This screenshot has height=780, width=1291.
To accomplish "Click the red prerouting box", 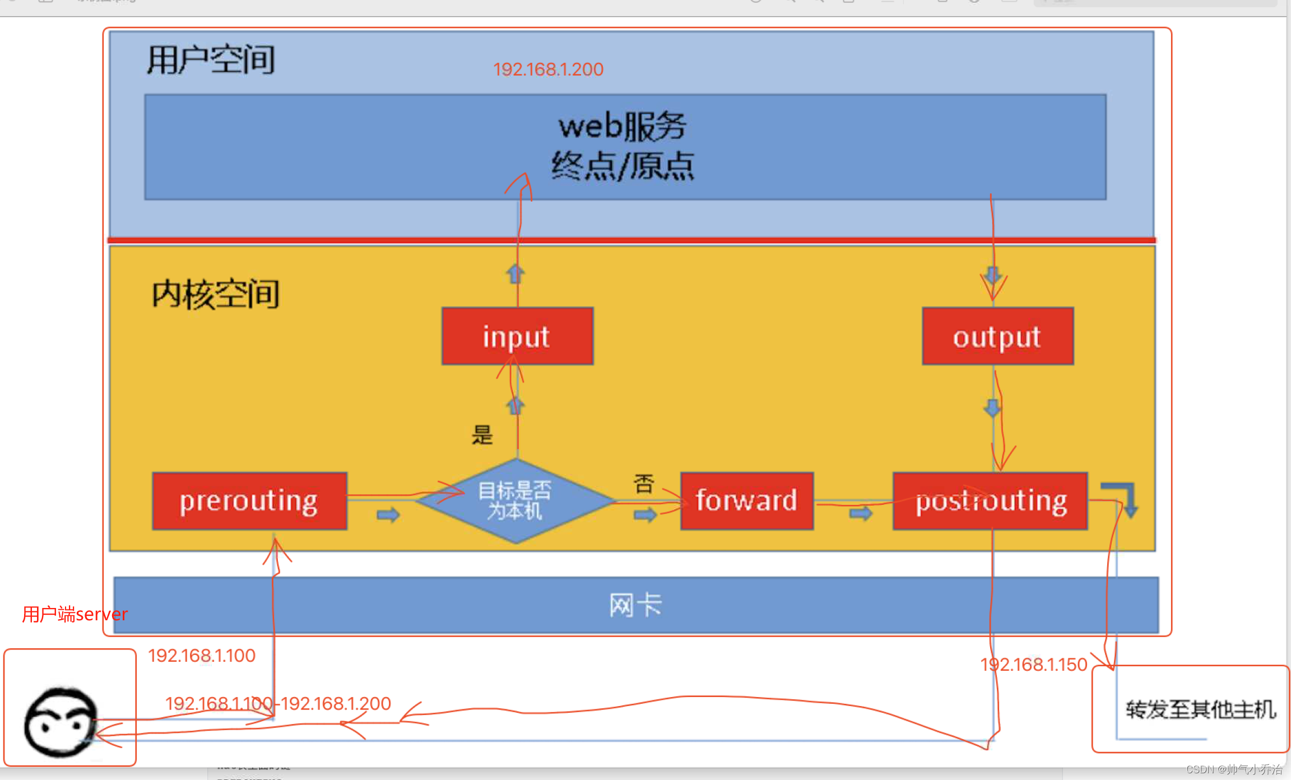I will (x=249, y=501).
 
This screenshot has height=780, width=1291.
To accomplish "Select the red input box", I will (x=517, y=336).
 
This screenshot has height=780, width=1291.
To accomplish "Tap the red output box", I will (x=997, y=336).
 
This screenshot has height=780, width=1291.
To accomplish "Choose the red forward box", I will (x=746, y=501).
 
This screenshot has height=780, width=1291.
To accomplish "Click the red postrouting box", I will (x=990, y=501).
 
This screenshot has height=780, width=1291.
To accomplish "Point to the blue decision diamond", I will (x=516, y=500).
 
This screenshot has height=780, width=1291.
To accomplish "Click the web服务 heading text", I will (x=622, y=126).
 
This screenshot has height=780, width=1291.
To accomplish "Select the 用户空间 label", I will (x=211, y=59).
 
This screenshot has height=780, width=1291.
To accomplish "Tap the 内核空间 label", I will (x=216, y=294).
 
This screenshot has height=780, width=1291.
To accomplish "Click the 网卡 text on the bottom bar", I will (x=635, y=605).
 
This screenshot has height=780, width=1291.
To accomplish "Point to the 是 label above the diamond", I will (x=482, y=435).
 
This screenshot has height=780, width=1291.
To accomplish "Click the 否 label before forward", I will (x=644, y=483).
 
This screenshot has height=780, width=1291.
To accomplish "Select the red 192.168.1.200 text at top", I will (x=548, y=69).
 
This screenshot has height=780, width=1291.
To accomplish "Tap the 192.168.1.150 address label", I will (x=1034, y=665).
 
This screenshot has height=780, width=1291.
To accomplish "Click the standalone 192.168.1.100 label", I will (x=202, y=655).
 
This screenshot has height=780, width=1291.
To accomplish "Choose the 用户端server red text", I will (x=75, y=615).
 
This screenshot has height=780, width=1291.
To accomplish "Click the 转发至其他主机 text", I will (x=1201, y=709).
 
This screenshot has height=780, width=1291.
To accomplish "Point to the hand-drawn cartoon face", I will (x=61, y=722).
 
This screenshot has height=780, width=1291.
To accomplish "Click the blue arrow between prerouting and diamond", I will (x=388, y=514).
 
